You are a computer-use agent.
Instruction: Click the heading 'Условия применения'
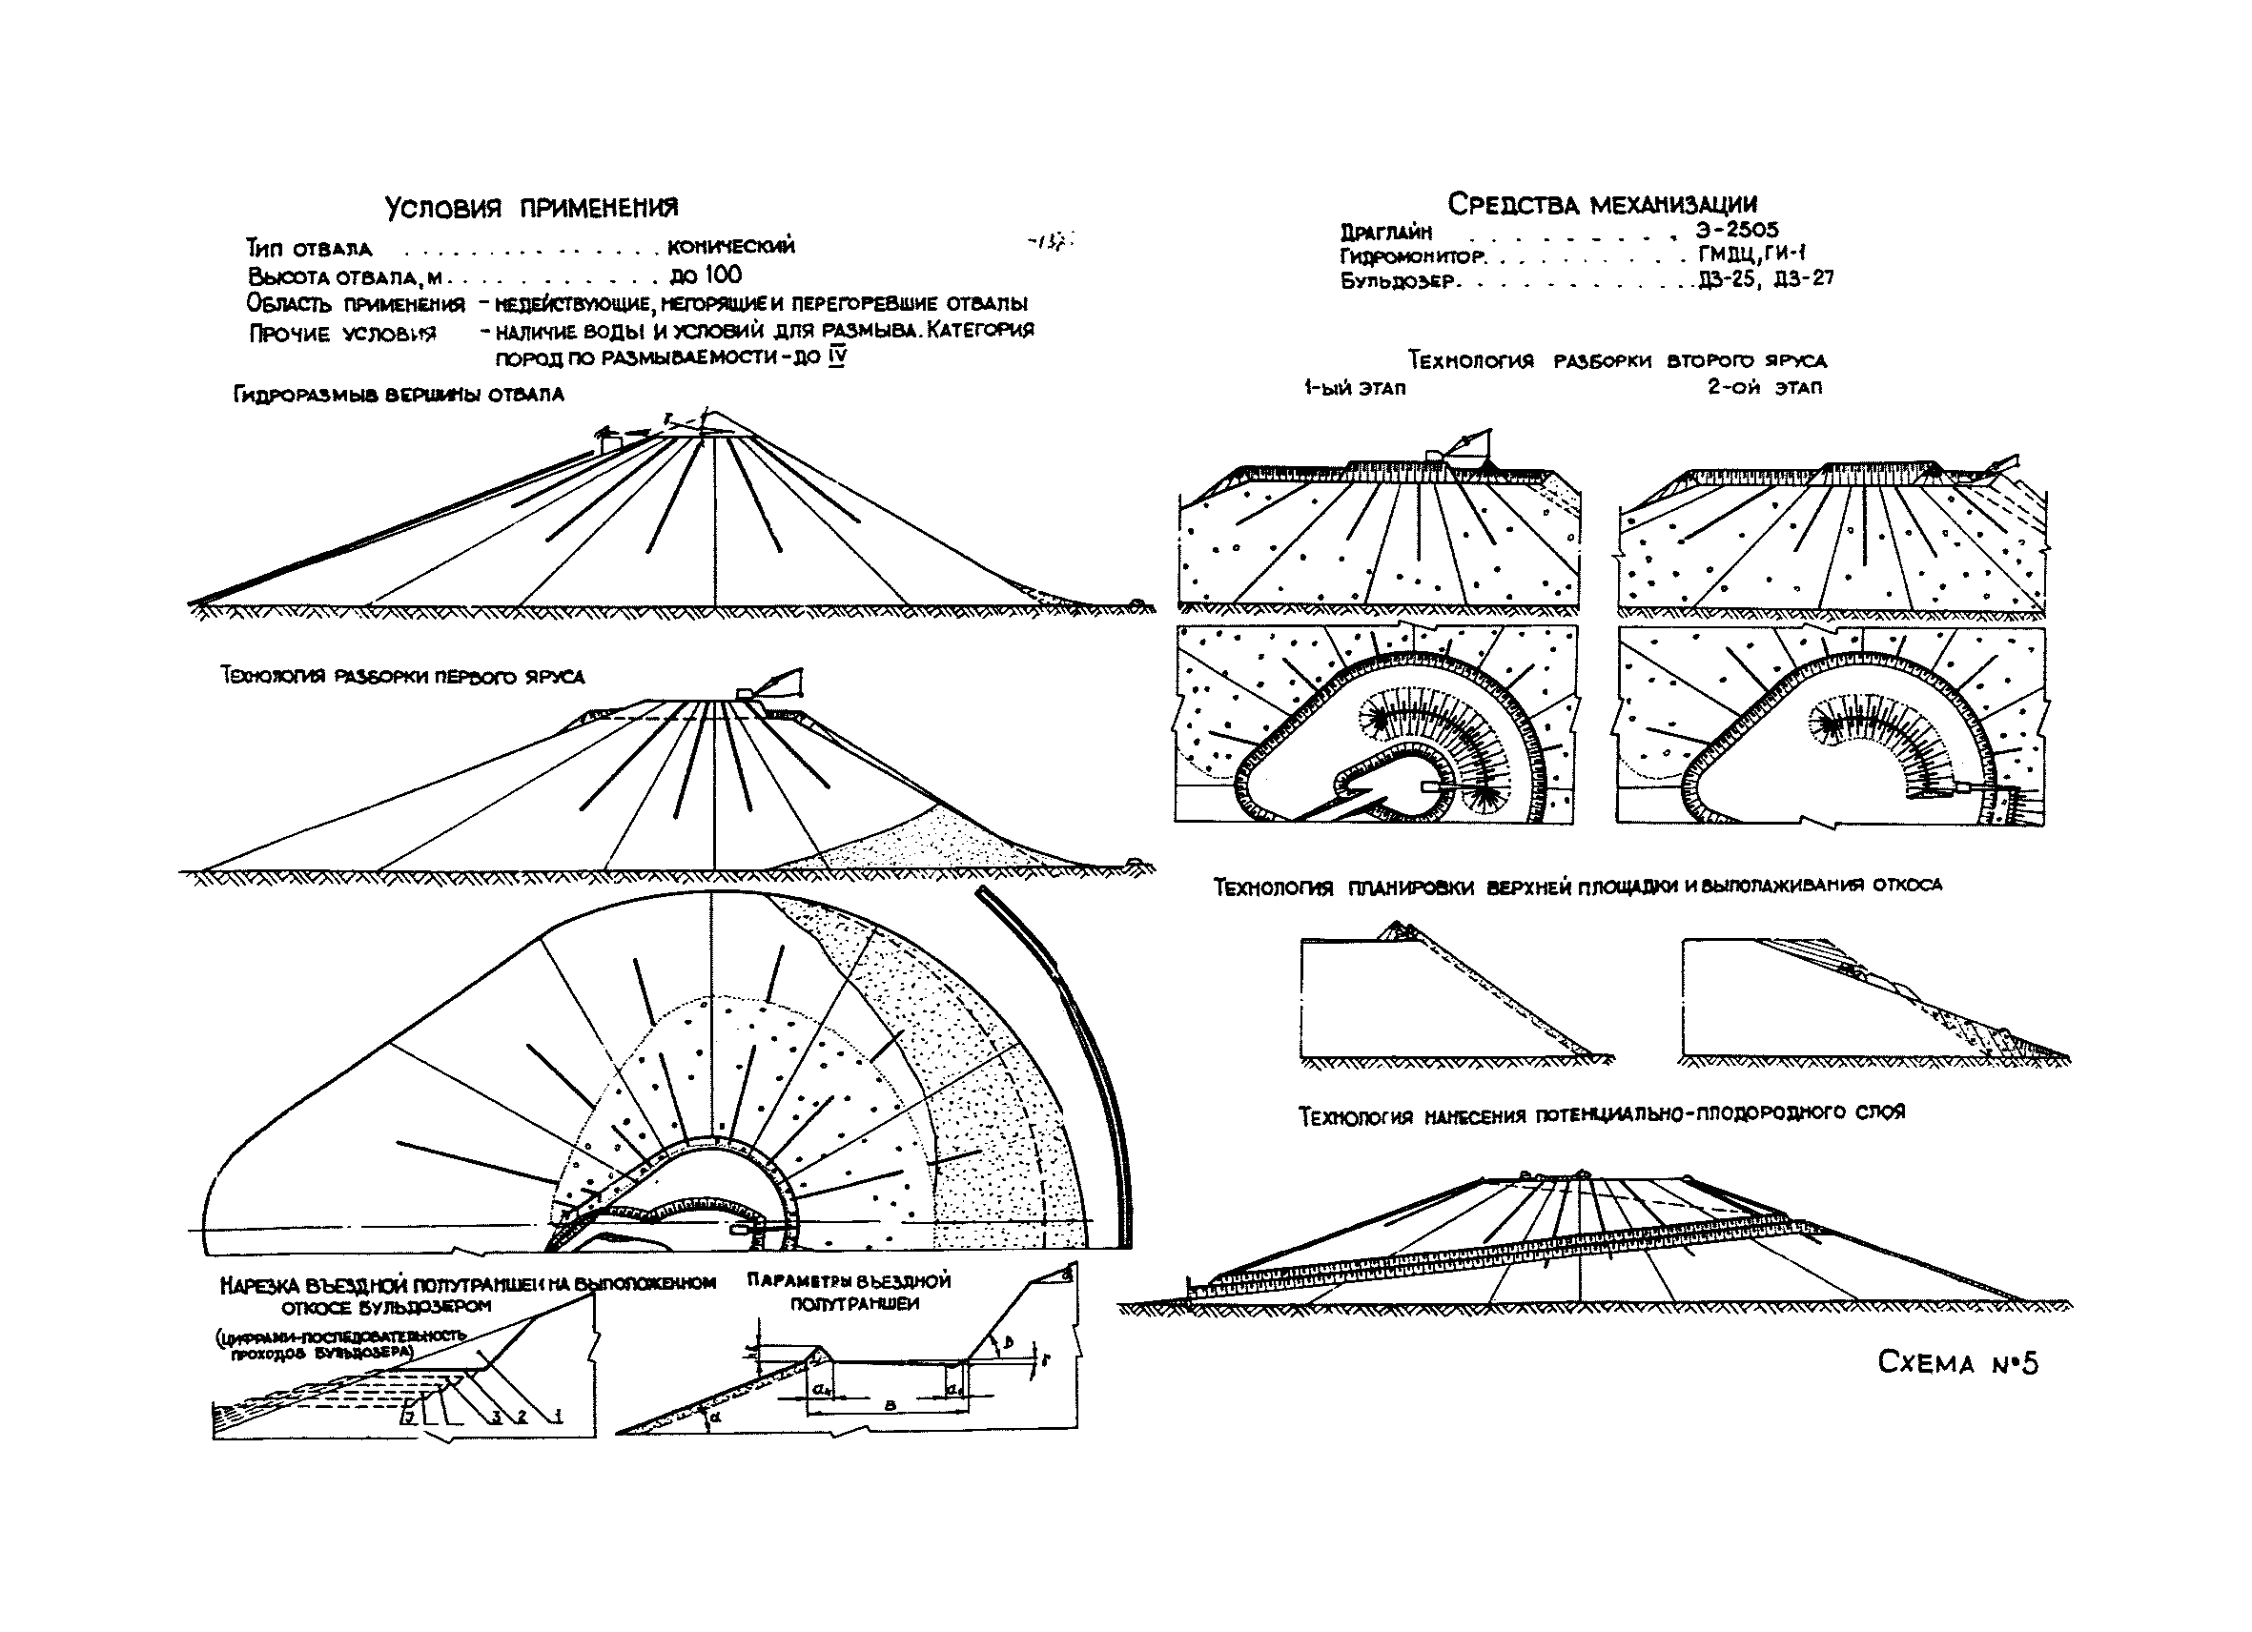point(531,208)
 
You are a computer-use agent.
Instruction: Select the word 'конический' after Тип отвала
point(732,246)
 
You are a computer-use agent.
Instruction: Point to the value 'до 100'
point(706,275)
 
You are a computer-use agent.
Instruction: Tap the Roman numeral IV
point(837,357)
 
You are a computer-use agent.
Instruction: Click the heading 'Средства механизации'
point(1602,203)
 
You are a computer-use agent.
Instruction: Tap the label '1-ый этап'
point(1356,388)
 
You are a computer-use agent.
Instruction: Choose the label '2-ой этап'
point(1765,387)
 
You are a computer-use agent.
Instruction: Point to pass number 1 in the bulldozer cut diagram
point(558,1417)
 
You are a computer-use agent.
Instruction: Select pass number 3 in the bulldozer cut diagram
point(494,1417)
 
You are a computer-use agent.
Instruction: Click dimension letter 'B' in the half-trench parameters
point(889,1406)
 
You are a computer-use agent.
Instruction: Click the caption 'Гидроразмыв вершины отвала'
point(399,394)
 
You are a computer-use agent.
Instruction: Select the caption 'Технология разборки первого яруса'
point(402,677)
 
